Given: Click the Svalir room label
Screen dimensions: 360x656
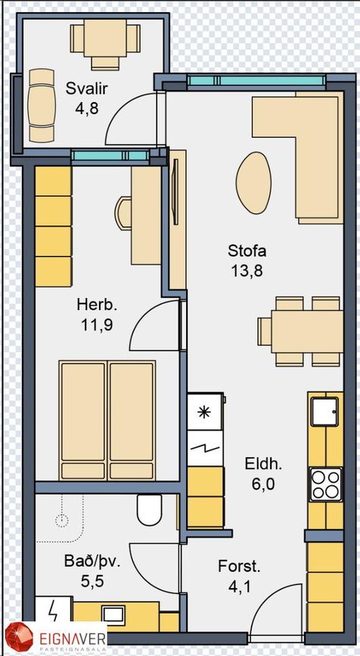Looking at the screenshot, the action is pyautogui.click(x=87, y=89).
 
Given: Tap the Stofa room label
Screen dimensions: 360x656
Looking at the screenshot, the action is pyautogui.click(x=247, y=251).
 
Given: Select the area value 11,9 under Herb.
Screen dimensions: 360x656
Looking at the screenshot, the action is pyautogui.click(x=97, y=325).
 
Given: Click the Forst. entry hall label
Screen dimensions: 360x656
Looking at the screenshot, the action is pyautogui.click(x=239, y=567).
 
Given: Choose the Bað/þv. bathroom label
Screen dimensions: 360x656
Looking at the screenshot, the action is pyautogui.click(x=92, y=561).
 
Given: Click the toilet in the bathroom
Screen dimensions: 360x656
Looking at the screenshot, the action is pyautogui.click(x=150, y=509).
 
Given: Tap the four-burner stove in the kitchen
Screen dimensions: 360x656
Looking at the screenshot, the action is pyautogui.click(x=325, y=484).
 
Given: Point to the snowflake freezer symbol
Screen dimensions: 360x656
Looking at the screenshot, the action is pyautogui.click(x=204, y=412).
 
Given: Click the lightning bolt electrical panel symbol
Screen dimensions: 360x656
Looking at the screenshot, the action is pyautogui.click(x=53, y=612).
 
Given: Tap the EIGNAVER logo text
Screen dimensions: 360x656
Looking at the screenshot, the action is pyautogui.click(x=73, y=639).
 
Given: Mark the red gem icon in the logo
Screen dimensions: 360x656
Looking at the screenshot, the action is pyautogui.click(x=19, y=639).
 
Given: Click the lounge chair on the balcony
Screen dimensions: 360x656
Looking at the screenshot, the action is pyautogui.click(x=42, y=106).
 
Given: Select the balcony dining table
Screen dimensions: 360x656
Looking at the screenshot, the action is pyautogui.click(x=105, y=38).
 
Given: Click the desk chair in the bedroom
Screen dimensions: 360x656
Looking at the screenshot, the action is pyautogui.click(x=123, y=214).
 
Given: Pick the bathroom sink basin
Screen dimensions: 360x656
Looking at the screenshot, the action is pyautogui.click(x=113, y=614).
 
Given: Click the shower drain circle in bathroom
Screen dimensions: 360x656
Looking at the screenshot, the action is pyautogui.click(x=62, y=521).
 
